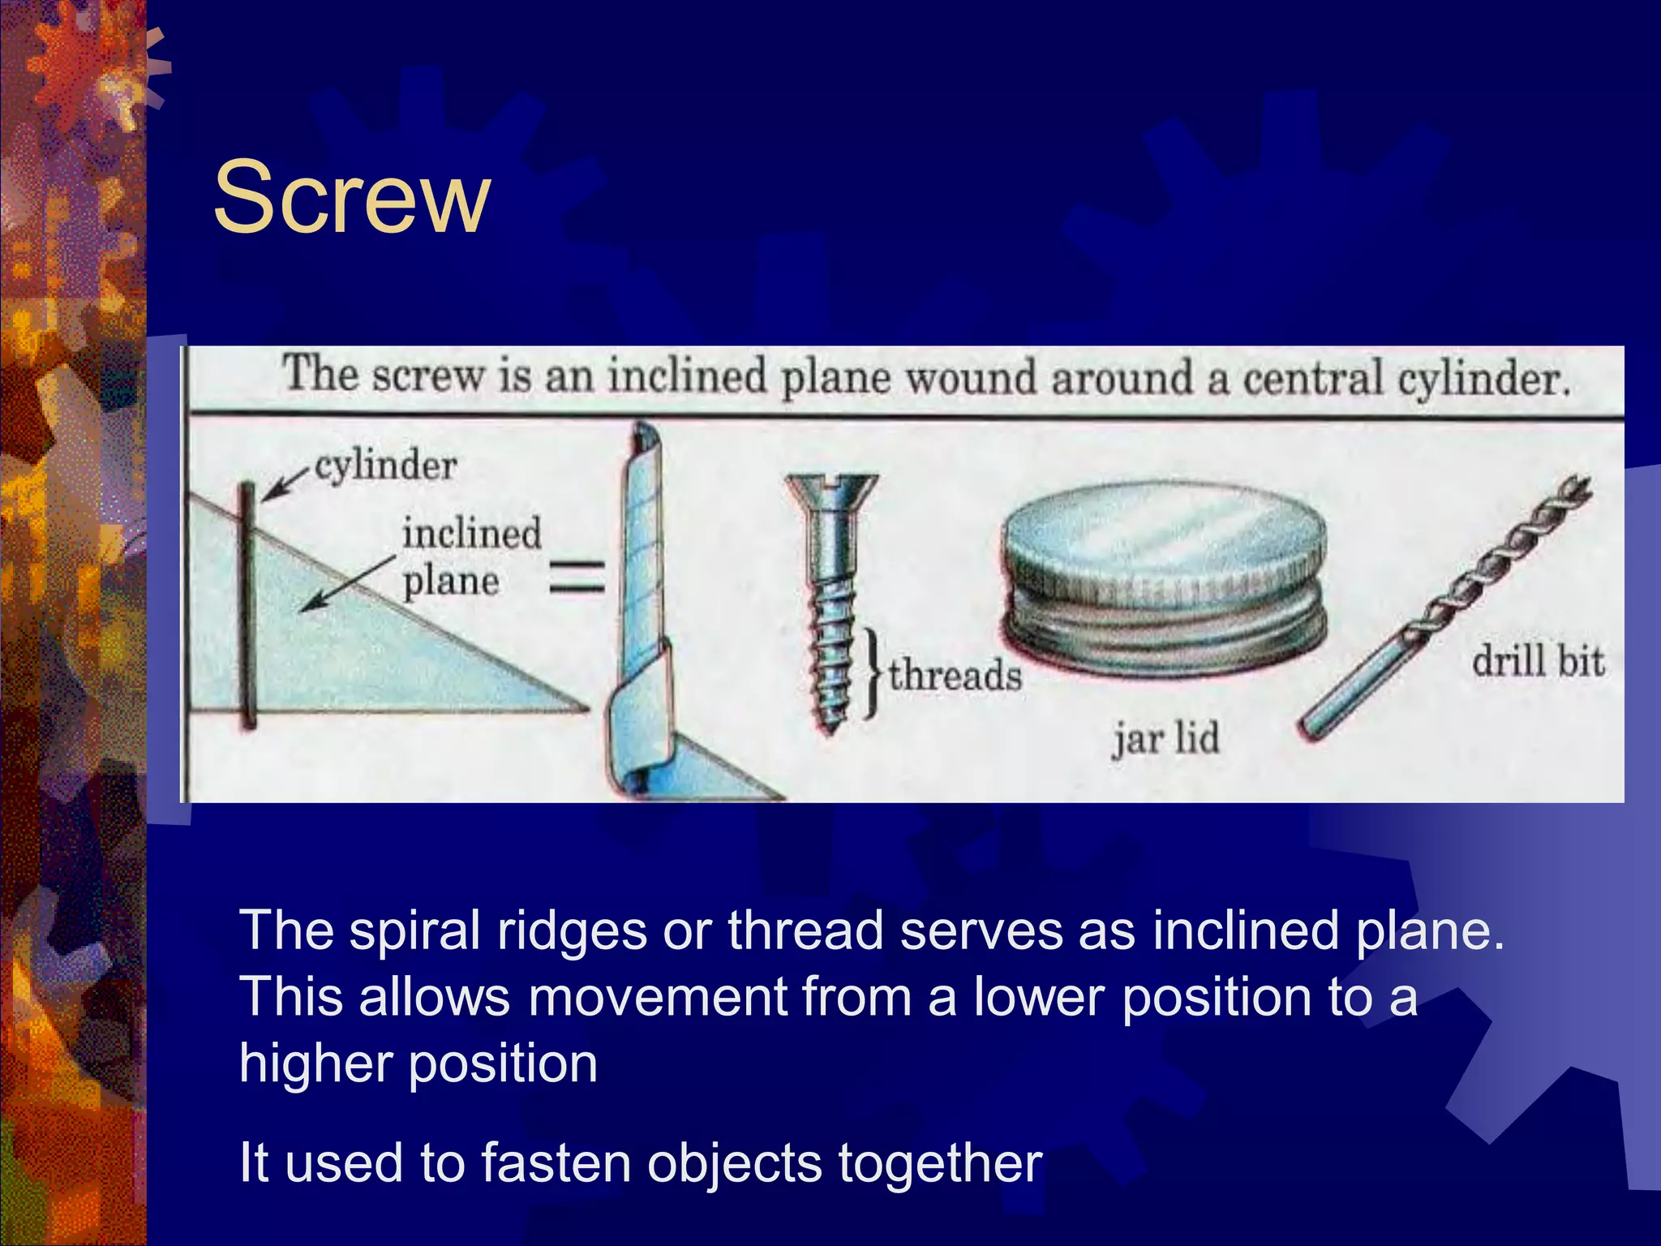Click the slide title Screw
pyautogui.click(x=351, y=197)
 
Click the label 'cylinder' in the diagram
pyautogui.click(x=385, y=466)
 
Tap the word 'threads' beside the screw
pyautogui.click(x=955, y=675)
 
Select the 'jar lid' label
pyautogui.click(x=1165, y=738)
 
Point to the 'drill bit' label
pyautogui.click(x=1538, y=660)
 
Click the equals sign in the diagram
pyautogui.click(x=577, y=578)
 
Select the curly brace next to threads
pyautogui.click(x=872, y=672)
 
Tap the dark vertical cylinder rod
pyautogui.click(x=248, y=604)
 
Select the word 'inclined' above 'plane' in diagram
pyautogui.click(x=471, y=534)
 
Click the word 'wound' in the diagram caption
pyautogui.click(x=970, y=378)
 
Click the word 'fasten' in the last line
pyautogui.click(x=556, y=1162)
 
